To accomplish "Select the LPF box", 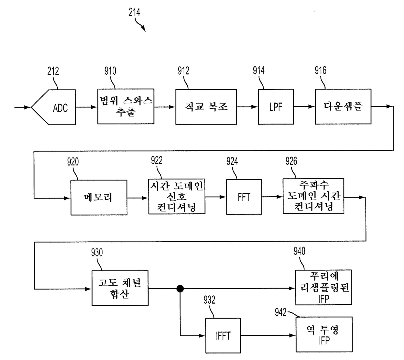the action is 276,107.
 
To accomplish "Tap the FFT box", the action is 244,197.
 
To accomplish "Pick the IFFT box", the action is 223,336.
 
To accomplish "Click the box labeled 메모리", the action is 99,197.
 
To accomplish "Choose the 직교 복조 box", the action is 206,107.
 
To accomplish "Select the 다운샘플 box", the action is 343,106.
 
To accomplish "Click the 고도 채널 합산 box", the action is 120,288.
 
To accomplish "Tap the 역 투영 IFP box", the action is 324,334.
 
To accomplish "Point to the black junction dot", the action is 180,289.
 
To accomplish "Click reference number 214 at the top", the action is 135,12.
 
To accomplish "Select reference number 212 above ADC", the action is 53,71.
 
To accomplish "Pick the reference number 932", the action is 209,300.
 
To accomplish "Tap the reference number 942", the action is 281,312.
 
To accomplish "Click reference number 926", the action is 291,161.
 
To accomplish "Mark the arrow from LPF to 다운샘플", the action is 304,107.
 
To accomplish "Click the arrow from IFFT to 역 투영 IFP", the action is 268,336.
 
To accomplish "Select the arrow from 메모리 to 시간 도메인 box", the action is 138,198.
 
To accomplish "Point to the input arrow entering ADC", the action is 22,107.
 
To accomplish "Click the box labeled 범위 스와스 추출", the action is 126,107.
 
